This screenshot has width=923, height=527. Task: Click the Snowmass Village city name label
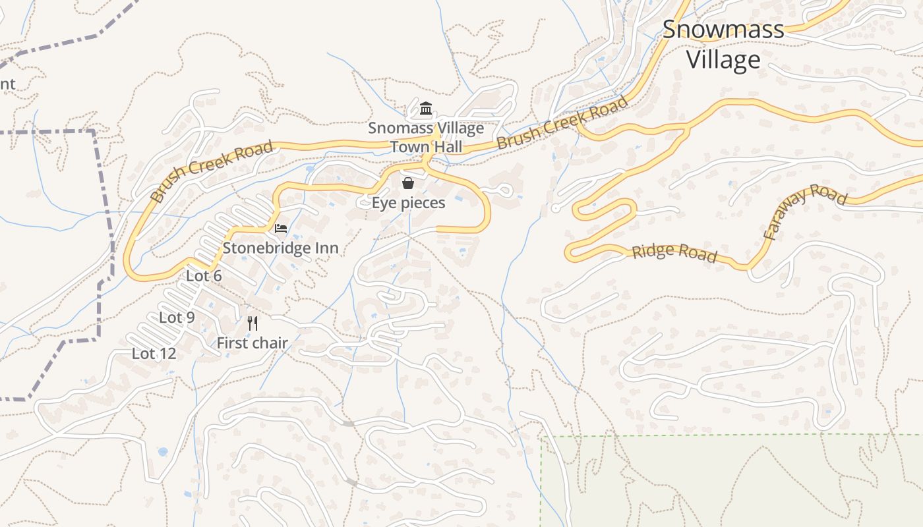723,43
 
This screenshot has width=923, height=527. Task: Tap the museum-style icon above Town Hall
426,108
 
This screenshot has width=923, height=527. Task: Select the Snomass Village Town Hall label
426,137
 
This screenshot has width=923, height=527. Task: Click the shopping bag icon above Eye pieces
408,182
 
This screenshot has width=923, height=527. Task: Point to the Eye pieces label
408,202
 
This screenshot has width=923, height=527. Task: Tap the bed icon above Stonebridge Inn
281,229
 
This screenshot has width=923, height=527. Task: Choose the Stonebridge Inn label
280,248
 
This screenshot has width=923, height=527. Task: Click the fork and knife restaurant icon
252,323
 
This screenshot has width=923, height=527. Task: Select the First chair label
252,343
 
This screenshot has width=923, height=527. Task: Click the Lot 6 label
204,276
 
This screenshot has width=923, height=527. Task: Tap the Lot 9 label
177,318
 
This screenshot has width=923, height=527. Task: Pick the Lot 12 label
154,354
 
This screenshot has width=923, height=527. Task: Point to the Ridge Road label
674,252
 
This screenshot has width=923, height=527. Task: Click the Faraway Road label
804,211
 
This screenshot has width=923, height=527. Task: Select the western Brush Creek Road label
211,171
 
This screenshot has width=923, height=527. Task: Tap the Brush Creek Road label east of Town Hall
562,123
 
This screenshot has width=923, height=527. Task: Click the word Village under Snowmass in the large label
723,60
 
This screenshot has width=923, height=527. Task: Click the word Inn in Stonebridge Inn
326,248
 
